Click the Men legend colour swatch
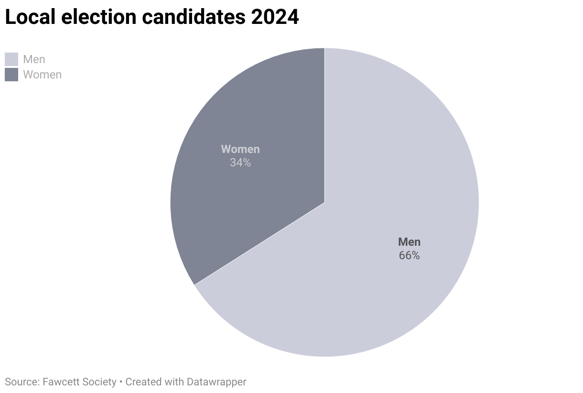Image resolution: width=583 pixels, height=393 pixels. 11,59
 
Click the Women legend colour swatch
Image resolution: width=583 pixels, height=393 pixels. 11,75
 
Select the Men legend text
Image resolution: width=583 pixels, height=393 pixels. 34,59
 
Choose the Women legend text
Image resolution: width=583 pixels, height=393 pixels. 42,75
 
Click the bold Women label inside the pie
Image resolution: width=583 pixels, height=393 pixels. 240,149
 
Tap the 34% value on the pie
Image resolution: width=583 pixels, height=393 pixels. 240,163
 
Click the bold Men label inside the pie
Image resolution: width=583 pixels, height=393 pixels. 409,242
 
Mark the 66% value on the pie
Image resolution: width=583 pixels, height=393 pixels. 409,255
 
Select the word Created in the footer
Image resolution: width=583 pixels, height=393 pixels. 143,382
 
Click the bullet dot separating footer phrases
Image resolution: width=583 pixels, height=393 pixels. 121,382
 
